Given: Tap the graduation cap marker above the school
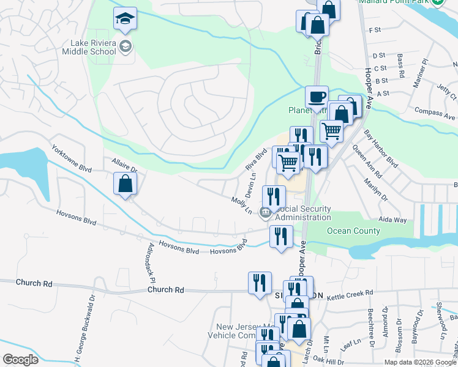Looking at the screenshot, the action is [x=125, y=19].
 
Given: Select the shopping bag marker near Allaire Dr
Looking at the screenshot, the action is [x=125, y=183].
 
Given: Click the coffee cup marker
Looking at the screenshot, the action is [x=317, y=97].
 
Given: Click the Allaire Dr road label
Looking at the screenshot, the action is [x=124, y=164].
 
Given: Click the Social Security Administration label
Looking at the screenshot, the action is [x=303, y=213].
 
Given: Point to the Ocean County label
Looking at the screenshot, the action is [x=354, y=231].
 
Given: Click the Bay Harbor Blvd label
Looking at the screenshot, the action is [x=381, y=149].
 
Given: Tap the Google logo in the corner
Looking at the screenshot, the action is [x=20, y=360].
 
